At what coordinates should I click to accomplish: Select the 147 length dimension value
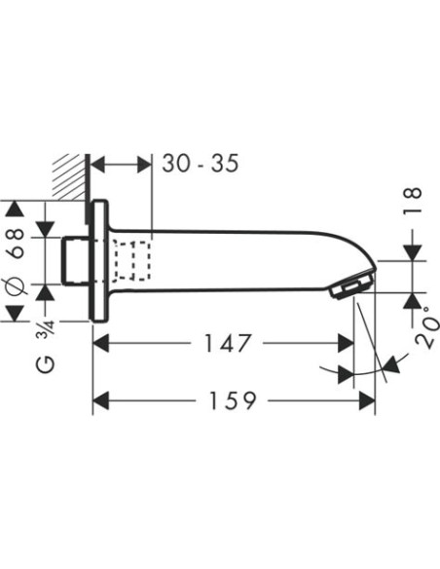(x=229, y=343)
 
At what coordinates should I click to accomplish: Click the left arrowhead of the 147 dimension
(x=99, y=343)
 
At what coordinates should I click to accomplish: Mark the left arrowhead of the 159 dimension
(x=99, y=400)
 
